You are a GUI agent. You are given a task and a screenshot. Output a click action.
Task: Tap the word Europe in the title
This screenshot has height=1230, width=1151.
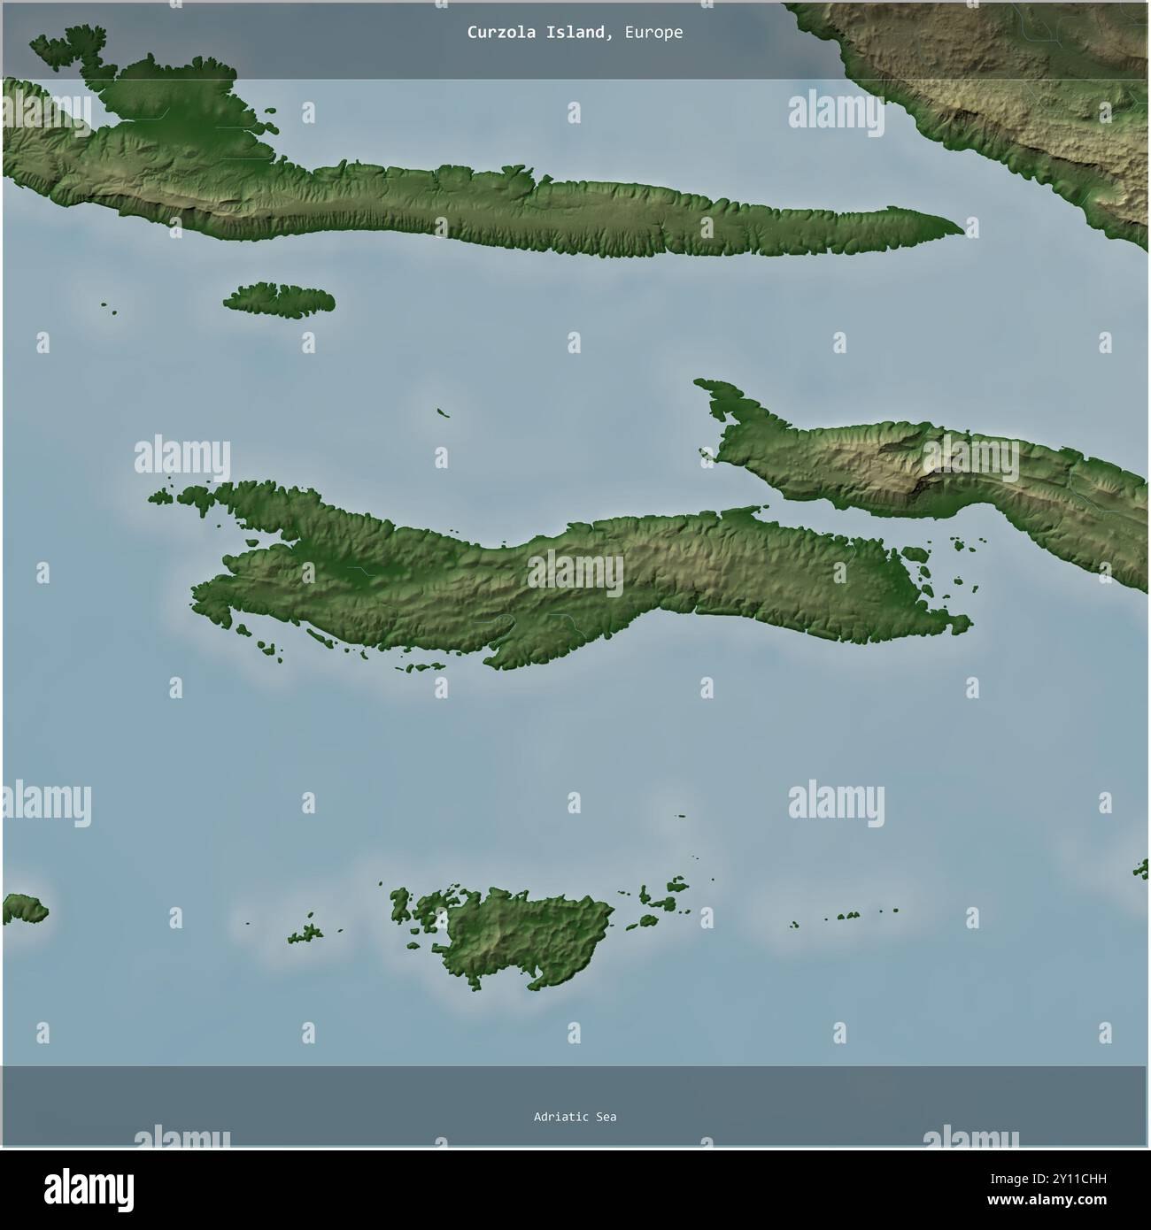[653, 33]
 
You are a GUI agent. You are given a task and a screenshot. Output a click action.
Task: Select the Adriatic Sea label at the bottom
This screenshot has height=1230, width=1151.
[575, 1117]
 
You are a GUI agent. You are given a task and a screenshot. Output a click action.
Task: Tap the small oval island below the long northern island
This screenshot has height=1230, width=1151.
[279, 299]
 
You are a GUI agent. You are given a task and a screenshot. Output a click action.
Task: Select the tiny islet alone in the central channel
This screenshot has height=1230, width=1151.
[443, 411]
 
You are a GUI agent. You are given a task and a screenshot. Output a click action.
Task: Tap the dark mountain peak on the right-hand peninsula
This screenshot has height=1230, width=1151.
[930, 478]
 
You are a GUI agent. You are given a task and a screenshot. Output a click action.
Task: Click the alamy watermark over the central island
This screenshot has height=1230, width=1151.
[575, 573]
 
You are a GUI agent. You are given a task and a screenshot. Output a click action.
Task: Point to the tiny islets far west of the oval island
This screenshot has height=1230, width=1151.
[110, 308]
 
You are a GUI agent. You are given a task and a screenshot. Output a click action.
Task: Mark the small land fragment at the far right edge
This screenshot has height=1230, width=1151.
[1142, 867]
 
